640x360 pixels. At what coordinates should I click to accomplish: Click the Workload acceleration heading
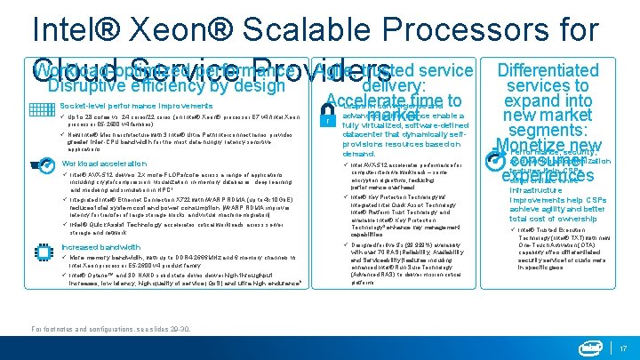(x=105, y=164)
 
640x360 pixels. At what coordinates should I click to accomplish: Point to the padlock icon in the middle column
(x=328, y=120)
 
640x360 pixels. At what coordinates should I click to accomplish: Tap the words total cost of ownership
(x=558, y=219)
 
